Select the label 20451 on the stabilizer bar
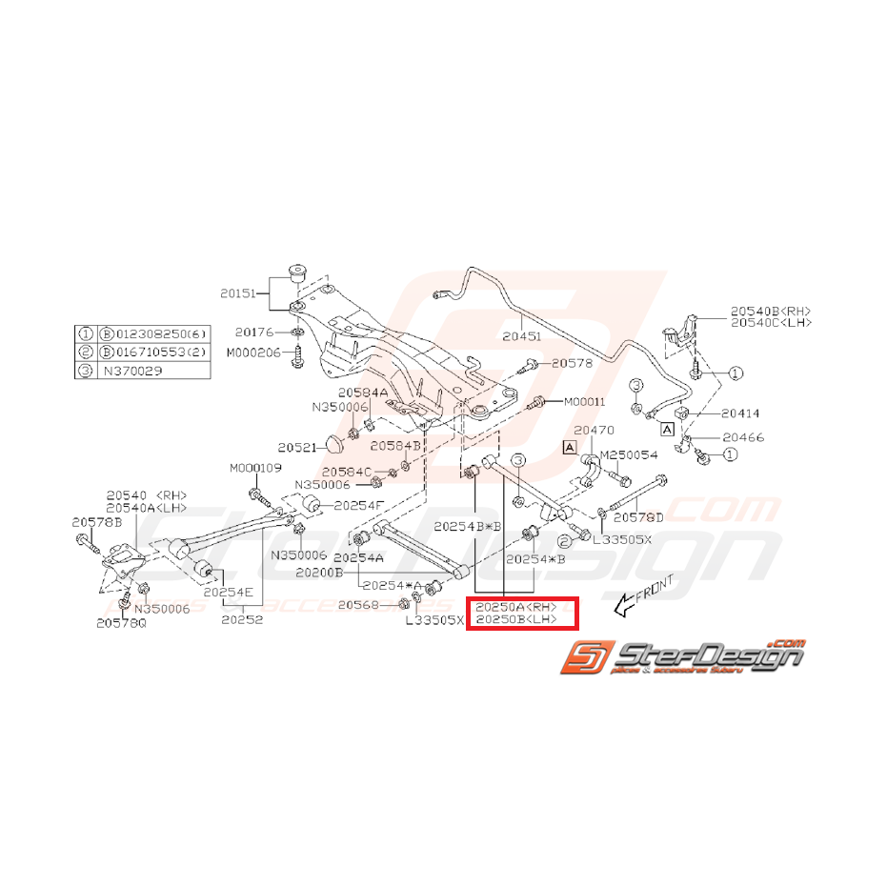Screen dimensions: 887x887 521,335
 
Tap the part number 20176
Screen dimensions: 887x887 254,333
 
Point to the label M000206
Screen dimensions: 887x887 252,352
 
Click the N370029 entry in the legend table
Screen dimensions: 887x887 129,370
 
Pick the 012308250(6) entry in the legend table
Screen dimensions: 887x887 160,334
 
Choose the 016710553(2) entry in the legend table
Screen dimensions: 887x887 160,352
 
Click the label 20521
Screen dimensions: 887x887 296,446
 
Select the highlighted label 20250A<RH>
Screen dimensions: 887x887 515,607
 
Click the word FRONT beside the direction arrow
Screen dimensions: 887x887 655,592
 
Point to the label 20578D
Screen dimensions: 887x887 638,517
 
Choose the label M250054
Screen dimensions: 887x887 629,455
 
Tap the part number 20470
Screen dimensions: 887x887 594,431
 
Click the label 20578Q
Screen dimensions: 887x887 121,623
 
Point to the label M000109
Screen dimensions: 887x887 255,468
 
